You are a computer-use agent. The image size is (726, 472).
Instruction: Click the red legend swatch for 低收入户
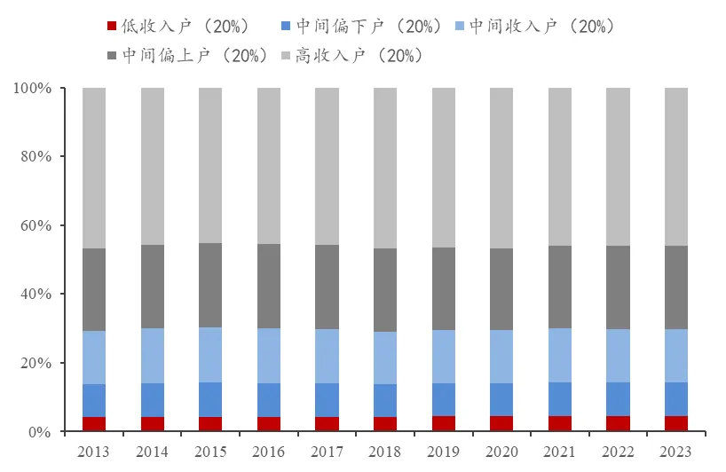tap(111, 27)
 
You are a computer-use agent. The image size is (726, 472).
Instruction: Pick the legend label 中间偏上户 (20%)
tap(195, 55)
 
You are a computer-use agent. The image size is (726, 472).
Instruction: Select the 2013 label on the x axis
tap(94, 452)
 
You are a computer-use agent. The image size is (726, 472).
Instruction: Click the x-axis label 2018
tap(385, 452)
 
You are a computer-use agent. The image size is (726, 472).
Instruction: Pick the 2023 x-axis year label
tap(676, 452)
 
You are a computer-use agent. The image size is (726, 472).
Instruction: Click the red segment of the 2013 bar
tap(94, 424)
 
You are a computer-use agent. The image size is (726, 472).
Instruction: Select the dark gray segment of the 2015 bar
tap(210, 286)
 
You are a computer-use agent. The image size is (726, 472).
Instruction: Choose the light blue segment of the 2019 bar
tap(443, 357)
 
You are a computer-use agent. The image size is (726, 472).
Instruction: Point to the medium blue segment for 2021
tap(559, 399)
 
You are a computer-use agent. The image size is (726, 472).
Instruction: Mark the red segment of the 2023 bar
tap(676, 424)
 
